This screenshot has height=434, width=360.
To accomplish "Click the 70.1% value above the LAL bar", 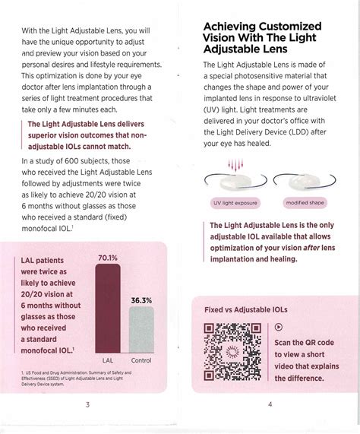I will pyautogui.click(x=107, y=258).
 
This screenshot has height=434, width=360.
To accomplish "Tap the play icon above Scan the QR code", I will pyautogui.click(x=277, y=327).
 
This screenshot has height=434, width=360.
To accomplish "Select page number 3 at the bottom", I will pyautogui.click(x=87, y=404).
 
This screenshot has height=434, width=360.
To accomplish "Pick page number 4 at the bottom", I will pyautogui.click(x=270, y=404).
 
